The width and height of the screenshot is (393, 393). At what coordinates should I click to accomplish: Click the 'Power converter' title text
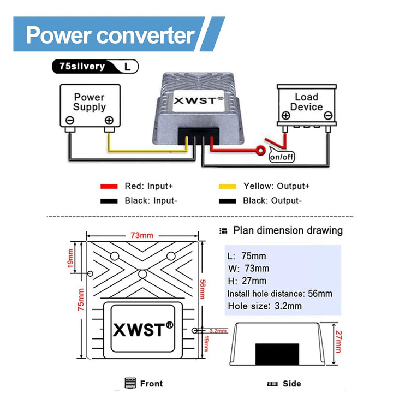point(110,35)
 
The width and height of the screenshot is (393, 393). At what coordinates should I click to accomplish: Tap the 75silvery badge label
point(82,66)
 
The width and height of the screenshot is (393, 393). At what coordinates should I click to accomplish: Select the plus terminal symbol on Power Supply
point(109,120)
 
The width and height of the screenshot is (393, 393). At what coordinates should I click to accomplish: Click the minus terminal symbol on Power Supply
point(70,120)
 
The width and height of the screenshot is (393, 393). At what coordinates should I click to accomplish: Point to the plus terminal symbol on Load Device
point(286,116)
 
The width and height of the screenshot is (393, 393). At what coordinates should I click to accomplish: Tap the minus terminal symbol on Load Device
point(329,116)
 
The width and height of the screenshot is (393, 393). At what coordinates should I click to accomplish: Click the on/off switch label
point(282,157)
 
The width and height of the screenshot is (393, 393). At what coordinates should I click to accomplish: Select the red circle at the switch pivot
point(261,151)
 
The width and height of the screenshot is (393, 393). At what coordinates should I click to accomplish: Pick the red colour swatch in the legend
point(109,187)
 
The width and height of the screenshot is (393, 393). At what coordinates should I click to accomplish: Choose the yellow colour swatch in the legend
point(227,187)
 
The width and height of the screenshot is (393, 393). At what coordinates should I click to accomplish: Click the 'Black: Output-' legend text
point(272,200)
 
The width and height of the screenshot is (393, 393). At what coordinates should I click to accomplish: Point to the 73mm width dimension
point(142,235)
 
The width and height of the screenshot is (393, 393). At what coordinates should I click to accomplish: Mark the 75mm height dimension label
point(81,300)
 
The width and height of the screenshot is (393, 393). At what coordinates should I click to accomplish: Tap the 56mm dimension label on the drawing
point(203,289)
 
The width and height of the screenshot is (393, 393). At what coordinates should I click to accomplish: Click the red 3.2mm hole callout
point(218,331)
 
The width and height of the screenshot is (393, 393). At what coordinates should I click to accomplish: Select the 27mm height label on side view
point(338,342)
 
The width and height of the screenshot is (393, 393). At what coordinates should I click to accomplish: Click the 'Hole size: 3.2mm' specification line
point(265,306)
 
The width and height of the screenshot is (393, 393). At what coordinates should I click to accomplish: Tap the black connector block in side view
point(277,354)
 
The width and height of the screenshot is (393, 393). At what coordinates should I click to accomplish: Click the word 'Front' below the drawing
point(151,384)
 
